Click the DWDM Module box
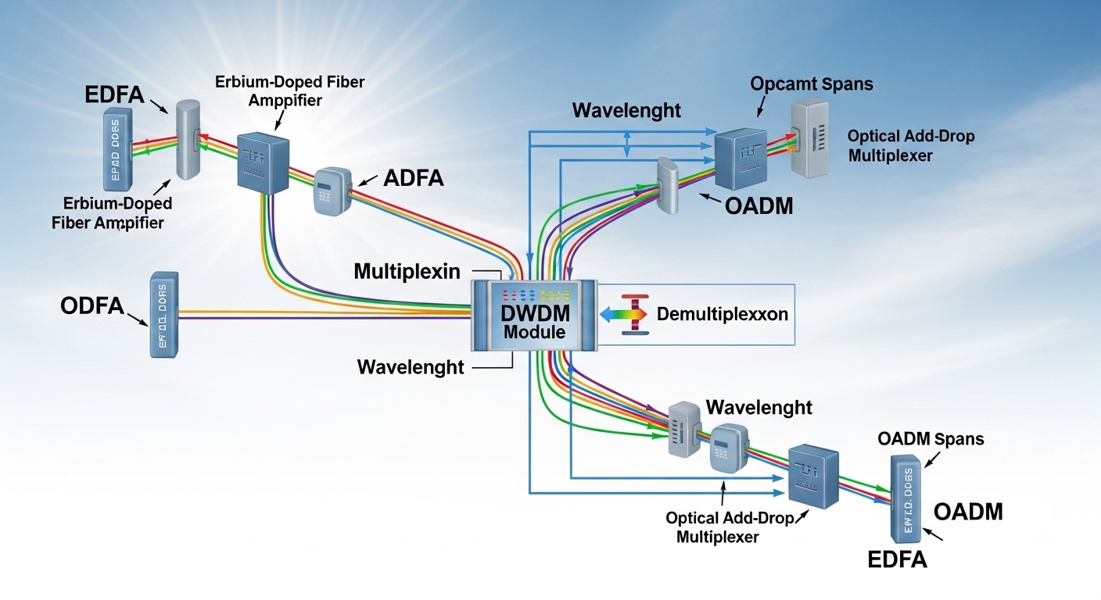(x=534, y=316)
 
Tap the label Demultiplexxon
(x=723, y=315)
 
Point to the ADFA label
(x=414, y=179)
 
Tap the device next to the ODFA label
(x=164, y=314)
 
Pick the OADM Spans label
(x=931, y=439)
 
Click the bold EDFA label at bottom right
(x=898, y=559)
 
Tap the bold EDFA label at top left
(x=114, y=96)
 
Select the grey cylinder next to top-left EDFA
(x=188, y=139)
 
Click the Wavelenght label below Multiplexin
(x=411, y=366)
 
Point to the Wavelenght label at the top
(x=626, y=110)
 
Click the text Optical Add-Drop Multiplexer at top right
(x=911, y=146)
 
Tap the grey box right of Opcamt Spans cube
(x=813, y=139)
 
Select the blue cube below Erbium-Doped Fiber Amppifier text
(x=264, y=161)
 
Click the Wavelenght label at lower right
(x=759, y=407)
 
